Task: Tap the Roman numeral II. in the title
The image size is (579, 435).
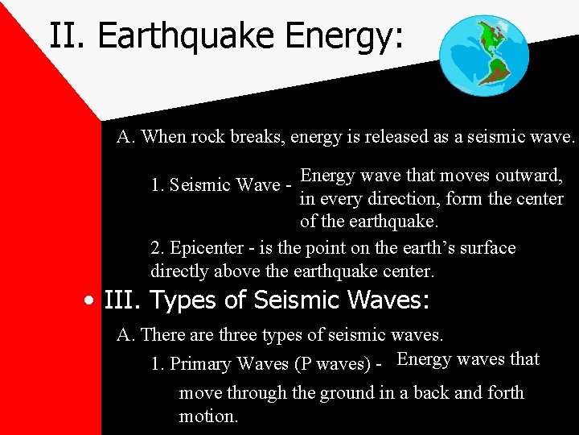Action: [x=68, y=36]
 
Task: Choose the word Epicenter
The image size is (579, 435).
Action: [x=204, y=248]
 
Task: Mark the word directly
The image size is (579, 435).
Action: [x=179, y=271]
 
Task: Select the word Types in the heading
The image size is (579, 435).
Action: [x=183, y=301]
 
